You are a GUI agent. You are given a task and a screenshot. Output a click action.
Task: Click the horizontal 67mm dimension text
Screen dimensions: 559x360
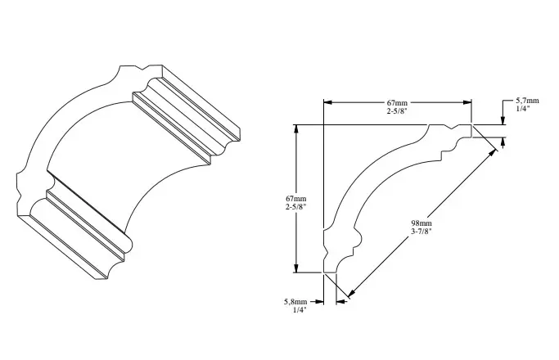tap(397, 102)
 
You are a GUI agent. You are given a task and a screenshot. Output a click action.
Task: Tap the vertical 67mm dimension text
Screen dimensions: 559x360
tap(296, 199)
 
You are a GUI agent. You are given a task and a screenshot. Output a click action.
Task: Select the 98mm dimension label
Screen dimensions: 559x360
tap(422, 223)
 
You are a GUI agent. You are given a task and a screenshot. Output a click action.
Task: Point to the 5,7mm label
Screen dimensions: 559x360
tap(527, 101)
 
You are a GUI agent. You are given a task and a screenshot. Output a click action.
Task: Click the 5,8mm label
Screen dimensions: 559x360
tap(295, 302)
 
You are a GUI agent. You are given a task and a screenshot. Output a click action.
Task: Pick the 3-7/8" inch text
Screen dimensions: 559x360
tap(422, 232)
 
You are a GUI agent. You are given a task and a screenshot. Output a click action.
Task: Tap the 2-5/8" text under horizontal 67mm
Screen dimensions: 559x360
tap(397, 110)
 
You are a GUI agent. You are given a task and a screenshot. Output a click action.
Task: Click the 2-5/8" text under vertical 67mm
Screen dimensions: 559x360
tap(296, 207)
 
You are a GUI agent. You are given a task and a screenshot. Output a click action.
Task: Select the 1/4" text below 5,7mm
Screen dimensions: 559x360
tap(523, 109)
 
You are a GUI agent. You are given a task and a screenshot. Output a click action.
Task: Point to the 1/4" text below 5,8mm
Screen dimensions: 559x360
tap(300, 310)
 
